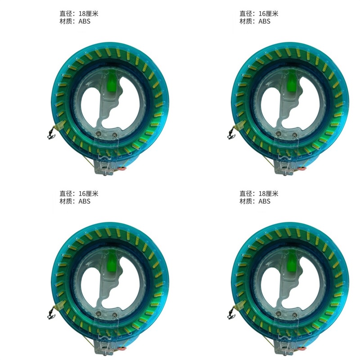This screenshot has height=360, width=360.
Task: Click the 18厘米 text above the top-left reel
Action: (x=88, y=14)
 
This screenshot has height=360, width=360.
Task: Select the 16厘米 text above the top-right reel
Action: (x=268, y=14)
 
